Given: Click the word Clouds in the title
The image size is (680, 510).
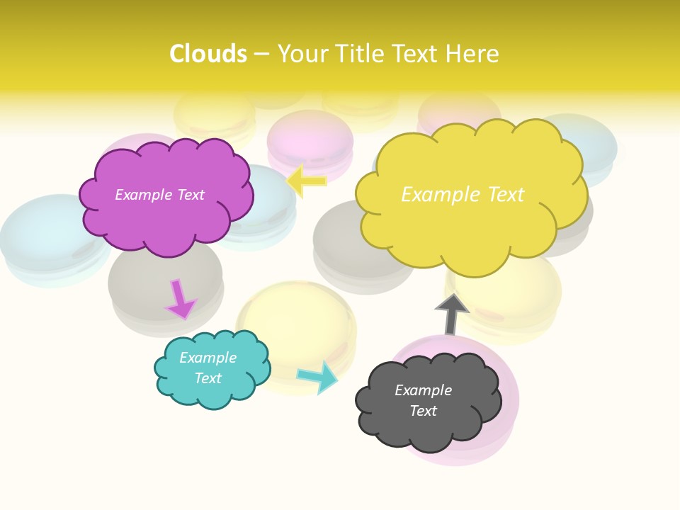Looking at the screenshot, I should (208, 54).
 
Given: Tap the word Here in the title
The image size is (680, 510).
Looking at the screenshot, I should (472, 54).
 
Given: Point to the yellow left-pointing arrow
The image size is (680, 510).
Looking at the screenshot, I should (307, 181).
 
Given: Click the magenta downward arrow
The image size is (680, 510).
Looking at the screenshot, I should (181, 300).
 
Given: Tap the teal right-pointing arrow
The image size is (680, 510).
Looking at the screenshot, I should (318, 377).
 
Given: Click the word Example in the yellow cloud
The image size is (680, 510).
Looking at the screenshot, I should (434, 194).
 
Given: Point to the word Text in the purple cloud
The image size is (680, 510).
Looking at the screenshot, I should (191, 195).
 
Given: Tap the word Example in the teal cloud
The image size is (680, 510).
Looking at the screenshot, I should (208, 358).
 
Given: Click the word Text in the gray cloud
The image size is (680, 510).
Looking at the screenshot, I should (423, 411).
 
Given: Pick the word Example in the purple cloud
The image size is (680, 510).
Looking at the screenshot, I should (143, 195).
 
